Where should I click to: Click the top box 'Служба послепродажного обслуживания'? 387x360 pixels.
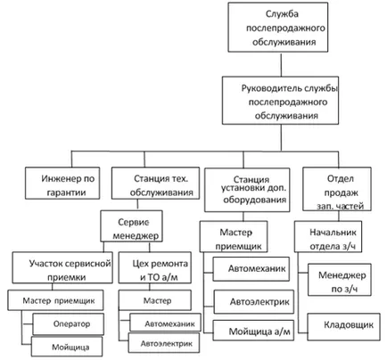pyautogui.click(x=278, y=28)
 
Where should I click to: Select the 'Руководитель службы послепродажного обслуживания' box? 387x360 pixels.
pyautogui.click(x=280, y=101)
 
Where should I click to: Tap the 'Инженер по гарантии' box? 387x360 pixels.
pyautogui.click(x=62, y=183)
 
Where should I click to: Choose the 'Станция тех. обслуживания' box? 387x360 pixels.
pyautogui.click(x=155, y=183)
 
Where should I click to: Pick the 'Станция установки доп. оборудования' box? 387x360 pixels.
pyautogui.click(x=247, y=190)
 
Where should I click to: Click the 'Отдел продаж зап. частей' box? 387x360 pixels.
pyautogui.click(x=337, y=189)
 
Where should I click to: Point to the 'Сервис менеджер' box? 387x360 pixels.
pyautogui.click(x=131, y=225)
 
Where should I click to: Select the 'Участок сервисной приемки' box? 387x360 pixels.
pyautogui.click(x=62, y=267)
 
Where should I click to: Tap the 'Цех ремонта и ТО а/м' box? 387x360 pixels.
pyautogui.click(x=155, y=267)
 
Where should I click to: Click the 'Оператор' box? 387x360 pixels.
pyautogui.click(x=69, y=323)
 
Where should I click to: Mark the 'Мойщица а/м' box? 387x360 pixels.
pyautogui.click(x=253, y=331)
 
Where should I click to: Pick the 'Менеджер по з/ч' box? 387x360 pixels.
pyautogui.click(x=340, y=280)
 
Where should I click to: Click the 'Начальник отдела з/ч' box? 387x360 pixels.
pyautogui.click(x=328, y=236)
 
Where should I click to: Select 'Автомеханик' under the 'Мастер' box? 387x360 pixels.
pyautogui.click(x=165, y=323)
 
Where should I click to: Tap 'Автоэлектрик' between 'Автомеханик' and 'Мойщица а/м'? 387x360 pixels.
pyautogui.click(x=254, y=302)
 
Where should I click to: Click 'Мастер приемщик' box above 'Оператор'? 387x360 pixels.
pyautogui.click(x=55, y=300)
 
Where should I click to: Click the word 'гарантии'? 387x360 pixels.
pyautogui.click(x=67, y=192)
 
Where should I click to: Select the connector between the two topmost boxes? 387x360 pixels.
pyautogui.click(x=281, y=64)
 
